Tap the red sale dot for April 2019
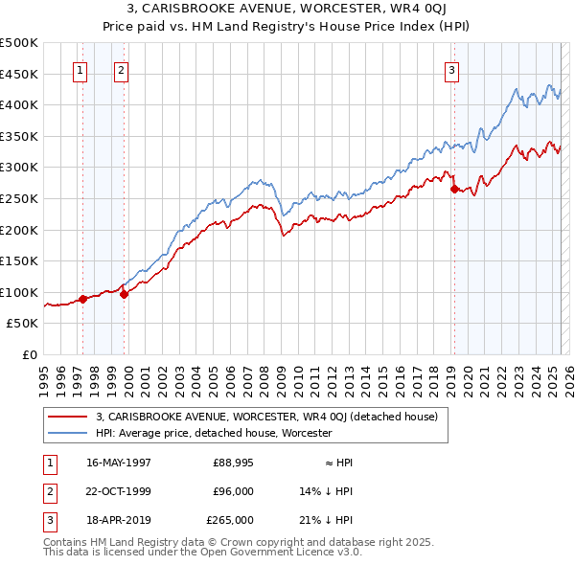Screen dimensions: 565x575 click(454, 189)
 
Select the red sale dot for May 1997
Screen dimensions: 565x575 click(83, 299)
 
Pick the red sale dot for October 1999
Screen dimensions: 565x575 click(125, 294)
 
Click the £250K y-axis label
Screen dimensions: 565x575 click(19, 198)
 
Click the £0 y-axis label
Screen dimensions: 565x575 click(30, 354)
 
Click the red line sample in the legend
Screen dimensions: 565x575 click(67, 417)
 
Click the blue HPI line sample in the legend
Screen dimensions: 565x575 click(67, 433)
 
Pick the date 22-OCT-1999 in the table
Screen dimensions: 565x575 click(119, 491)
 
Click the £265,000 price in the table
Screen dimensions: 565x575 click(230, 520)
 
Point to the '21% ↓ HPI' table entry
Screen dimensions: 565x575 click(327, 520)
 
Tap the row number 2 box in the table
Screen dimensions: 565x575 click(49, 491)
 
